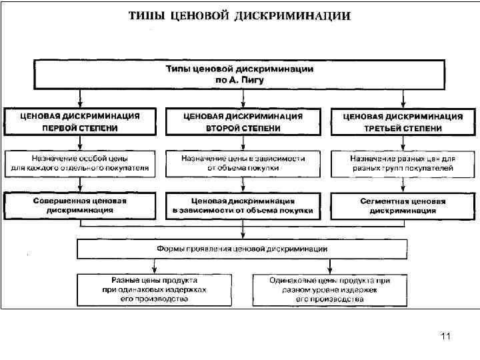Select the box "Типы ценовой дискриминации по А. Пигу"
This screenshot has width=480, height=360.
[239, 74]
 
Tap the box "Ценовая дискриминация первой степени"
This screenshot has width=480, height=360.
[80, 121]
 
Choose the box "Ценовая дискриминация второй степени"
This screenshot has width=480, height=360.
[243, 121]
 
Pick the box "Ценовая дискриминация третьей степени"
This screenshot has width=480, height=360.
[403, 121]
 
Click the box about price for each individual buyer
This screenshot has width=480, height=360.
[80, 164]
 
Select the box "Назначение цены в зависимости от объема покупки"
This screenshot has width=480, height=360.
[243, 164]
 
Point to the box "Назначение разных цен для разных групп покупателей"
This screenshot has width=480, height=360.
[403, 164]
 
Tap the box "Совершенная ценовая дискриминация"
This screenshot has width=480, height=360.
[80, 205]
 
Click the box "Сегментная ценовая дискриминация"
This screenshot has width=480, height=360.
[403, 205]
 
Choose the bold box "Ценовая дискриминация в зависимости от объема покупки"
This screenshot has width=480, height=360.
[243, 205]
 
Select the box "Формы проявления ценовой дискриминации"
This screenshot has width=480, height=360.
[242, 249]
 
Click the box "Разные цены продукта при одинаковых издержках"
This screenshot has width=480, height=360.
[154, 290]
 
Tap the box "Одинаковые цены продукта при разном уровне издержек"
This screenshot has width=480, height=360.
[329, 290]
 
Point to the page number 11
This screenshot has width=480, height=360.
[446, 337]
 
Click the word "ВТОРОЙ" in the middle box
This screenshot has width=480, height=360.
[221, 127]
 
